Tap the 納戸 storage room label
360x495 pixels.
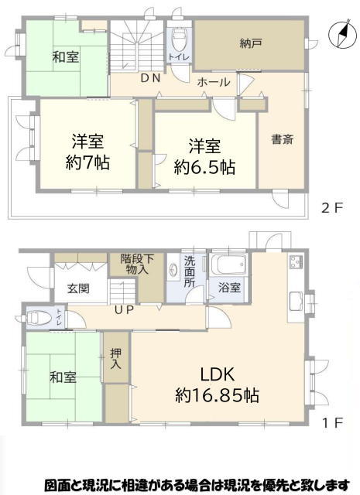(250, 43)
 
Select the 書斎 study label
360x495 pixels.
(283, 139)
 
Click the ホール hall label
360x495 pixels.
(214, 82)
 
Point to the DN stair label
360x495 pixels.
(150, 78)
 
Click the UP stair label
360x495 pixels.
(124, 310)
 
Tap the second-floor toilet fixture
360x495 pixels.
(179, 39)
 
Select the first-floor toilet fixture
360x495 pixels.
(39, 318)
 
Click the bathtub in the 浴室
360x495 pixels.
(229, 265)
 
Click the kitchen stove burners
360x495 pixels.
(295, 261)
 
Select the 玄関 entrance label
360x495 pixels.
(78, 288)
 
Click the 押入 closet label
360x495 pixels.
(115, 359)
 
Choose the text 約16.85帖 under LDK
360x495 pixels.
(217, 394)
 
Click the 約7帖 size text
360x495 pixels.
(87, 163)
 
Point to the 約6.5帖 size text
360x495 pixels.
(205, 167)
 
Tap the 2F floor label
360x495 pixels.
(332, 208)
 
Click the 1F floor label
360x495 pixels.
(332, 423)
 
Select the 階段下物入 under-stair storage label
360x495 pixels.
(137, 265)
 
